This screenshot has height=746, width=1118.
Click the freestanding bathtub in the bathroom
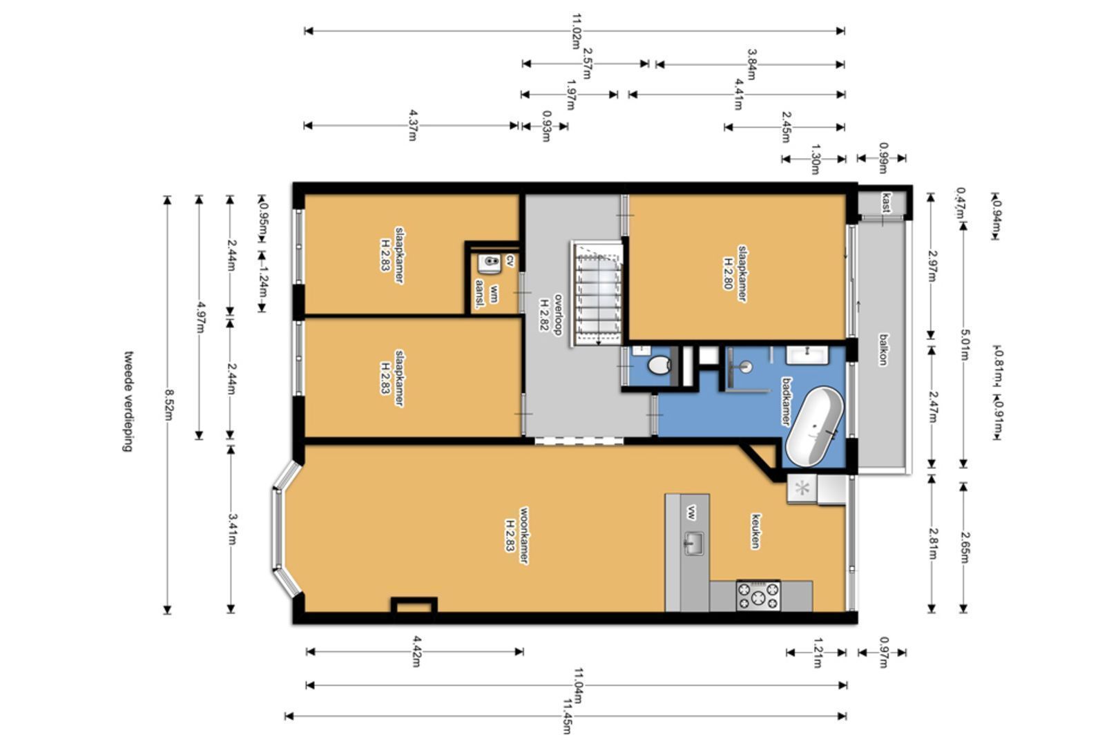[x=814, y=426]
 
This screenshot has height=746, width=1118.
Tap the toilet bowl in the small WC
[x=659, y=365]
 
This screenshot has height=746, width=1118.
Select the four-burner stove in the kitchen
[x=758, y=595]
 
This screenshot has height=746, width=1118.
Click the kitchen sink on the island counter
[x=693, y=543]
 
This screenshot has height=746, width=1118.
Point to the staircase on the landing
[x=597, y=294]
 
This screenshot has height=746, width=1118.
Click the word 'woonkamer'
[x=523, y=536]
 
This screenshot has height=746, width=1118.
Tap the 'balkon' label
[x=883, y=350]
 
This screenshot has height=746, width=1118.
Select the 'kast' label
[x=887, y=202]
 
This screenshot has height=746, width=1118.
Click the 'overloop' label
[x=558, y=314]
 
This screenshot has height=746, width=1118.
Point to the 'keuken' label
[x=755, y=530]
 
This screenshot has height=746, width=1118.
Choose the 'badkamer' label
[x=786, y=401]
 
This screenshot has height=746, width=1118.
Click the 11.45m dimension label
[x=567, y=716]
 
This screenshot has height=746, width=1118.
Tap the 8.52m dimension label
[x=168, y=405]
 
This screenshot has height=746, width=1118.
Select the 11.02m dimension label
[x=576, y=31]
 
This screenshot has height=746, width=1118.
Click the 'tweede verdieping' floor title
[x=128, y=401]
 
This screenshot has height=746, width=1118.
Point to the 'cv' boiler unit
[x=490, y=263]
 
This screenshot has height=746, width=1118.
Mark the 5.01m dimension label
[x=964, y=345]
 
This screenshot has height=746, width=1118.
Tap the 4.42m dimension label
[x=416, y=651]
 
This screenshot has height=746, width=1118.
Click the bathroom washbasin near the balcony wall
[x=807, y=355]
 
